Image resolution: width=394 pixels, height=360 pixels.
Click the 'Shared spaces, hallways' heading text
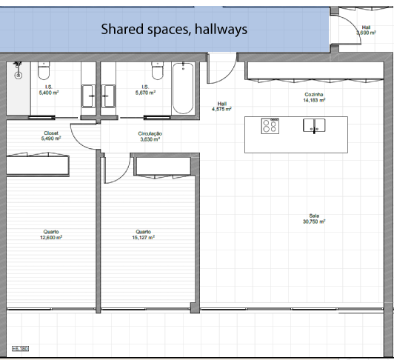[174, 29]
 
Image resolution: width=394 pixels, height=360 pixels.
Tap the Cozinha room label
[314, 95]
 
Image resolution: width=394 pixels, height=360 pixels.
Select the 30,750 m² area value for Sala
[314, 221]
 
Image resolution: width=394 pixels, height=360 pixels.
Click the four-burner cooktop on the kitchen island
[270, 126]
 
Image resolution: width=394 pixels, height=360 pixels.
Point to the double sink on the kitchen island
[314, 125]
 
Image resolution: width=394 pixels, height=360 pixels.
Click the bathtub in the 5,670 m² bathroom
[183, 88]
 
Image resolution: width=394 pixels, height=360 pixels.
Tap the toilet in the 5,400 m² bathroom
[44, 71]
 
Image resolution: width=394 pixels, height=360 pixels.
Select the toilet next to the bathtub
[158, 71]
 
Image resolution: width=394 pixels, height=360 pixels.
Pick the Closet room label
[51, 133]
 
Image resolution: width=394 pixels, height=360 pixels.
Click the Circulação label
[150, 134]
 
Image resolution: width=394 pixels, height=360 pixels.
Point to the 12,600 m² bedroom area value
[51, 237]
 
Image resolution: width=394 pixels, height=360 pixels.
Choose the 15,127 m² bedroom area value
[144, 237]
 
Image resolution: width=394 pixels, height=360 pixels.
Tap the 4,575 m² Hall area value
[221, 109]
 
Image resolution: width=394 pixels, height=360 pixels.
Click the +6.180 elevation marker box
[20, 349]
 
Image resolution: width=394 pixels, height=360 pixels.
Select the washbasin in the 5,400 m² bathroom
[88, 96]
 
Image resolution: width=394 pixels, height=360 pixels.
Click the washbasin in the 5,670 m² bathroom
[108, 96]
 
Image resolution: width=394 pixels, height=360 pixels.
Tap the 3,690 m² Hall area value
[366, 33]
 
